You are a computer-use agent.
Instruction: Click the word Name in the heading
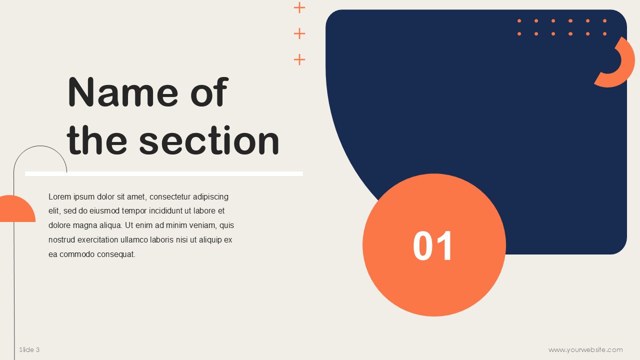click(x=123, y=92)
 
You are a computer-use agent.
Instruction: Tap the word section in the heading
click(x=209, y=140)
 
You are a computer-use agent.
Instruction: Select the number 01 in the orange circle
click(x=432, y=245)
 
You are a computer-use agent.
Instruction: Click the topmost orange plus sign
click(x=299, y=7)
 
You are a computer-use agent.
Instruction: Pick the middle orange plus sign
click(x=299, y=33)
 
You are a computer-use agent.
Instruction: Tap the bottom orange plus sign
click(x=299, y=59)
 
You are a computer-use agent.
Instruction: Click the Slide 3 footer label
click(x=29, y=349)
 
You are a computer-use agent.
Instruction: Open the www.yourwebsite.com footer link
click(x=585, y=349)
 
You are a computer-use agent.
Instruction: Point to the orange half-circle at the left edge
click(x=17, y=208)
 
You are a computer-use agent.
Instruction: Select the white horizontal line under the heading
click(x=164, y=173)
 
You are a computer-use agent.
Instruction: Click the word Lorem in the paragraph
click(x=59, y=196)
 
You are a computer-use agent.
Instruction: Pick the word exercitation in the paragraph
click(x=97, y=239)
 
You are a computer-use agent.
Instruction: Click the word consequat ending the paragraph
click(x=115, y=254)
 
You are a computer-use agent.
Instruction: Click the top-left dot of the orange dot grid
click(x=519, y=21)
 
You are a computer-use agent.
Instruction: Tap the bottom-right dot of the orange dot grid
click(x=604, y=33)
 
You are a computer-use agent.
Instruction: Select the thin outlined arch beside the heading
click(x=40, y=146)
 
